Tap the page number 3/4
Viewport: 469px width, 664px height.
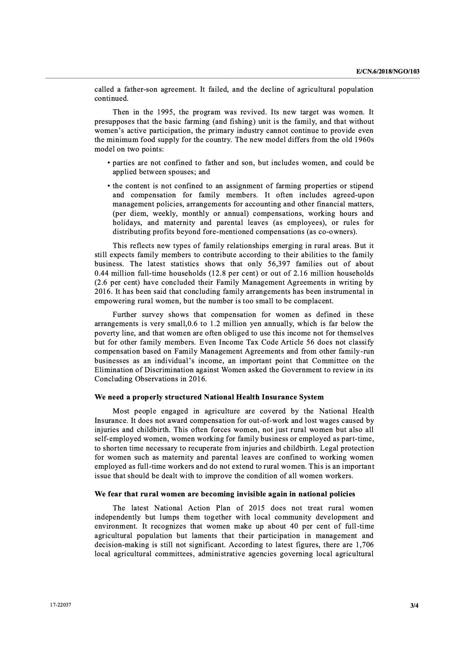click(415, 606)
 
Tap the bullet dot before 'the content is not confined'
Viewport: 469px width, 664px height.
click(109, 186)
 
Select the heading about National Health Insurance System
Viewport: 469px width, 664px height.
click(209, 397)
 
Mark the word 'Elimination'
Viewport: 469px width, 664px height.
click(113, 370)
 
